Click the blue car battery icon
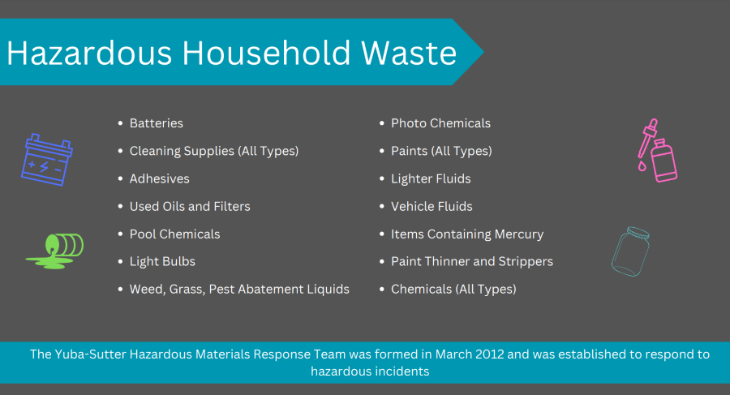point(46,160)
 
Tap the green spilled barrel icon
point(55,251)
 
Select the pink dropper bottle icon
point(657,150)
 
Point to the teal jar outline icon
point(630,251)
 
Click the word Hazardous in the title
point(89,53)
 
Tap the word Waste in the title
point(409,53)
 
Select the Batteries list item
point(156,123)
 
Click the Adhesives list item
point(159,178)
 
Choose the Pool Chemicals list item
point(174,234)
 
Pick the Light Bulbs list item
point(162,261)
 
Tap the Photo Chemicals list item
point(440,123)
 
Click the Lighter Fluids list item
point(431,178)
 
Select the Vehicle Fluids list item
point(432,206)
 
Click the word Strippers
point(526,262)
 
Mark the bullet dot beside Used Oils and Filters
point(120,206)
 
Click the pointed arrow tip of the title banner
point(483,52)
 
